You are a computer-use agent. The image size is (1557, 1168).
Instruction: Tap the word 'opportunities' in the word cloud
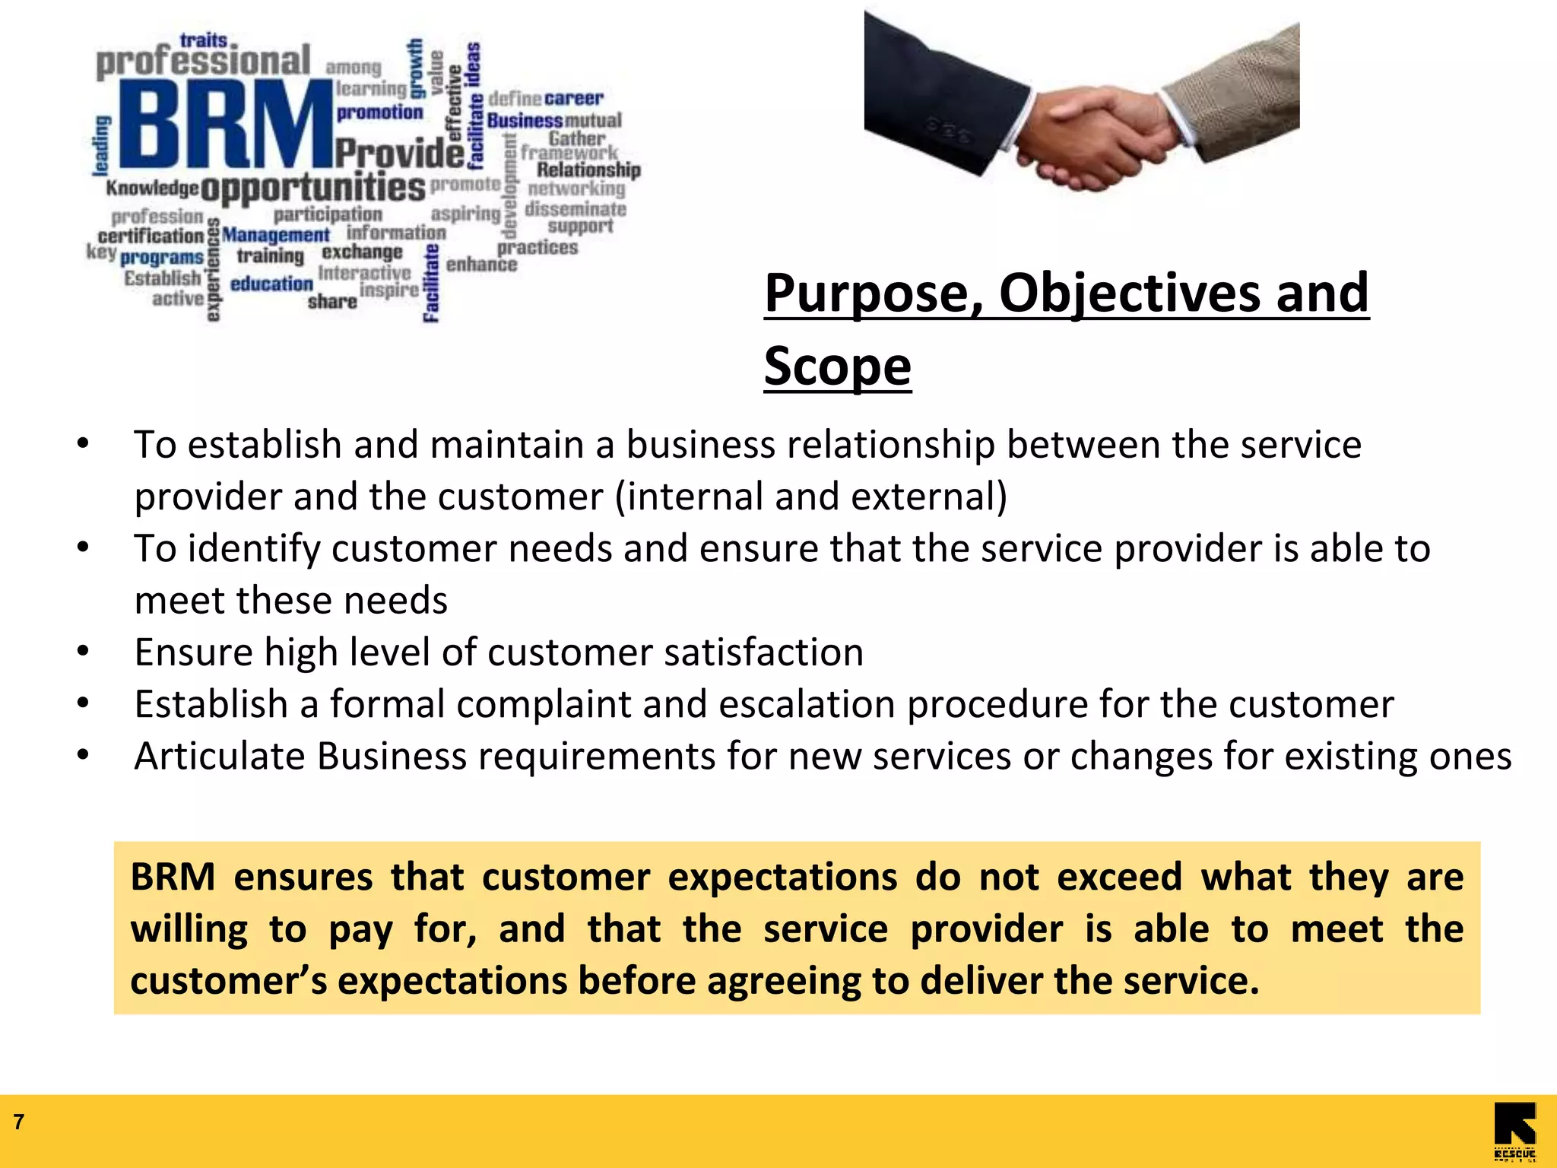point(312,188)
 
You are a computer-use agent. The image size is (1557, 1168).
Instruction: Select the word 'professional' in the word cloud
point(203,61)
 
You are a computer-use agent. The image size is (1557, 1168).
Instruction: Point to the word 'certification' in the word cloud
point(151,236)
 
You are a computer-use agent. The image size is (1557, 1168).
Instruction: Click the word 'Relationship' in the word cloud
point(588,170)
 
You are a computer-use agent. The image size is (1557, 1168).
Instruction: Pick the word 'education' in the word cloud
point(271,284)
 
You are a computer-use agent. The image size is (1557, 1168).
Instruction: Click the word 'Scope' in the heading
point(837,366)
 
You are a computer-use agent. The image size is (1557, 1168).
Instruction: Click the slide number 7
point(19,1122)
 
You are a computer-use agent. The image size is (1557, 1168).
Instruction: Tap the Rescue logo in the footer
point(1514,1131)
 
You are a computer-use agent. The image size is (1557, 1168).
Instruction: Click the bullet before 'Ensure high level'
point(83,652)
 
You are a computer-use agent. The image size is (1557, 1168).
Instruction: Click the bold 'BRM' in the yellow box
point(173,877)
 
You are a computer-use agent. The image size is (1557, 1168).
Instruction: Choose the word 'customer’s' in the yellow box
point(228,980)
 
